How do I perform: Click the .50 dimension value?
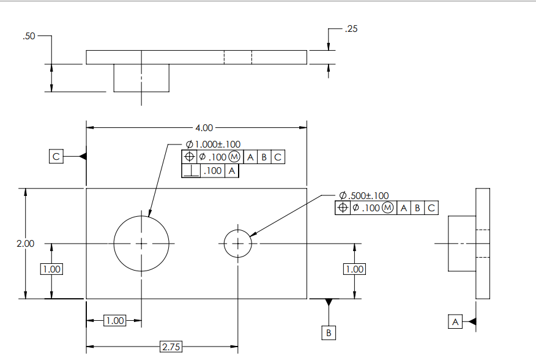[29, 37]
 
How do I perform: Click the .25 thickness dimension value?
[351, 29]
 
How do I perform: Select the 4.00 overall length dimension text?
[204, 128]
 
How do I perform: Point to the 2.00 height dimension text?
[25, 244]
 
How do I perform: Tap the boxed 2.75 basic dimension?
[171, 347]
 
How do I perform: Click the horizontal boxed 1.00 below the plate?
[114, 320]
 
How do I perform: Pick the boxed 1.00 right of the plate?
[354, 269]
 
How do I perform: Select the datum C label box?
[56, 157]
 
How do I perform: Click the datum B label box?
[329, 332]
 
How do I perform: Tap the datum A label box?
[455, 321]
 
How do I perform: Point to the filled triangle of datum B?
[329, 302]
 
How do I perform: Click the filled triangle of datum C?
[83, 157]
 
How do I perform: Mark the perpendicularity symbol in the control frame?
[191, 171]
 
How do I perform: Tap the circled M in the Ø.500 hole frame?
[388, 208]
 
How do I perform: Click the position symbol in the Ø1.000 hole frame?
[189, 157]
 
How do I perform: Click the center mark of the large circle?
[141, 244]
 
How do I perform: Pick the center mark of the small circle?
[238, 244]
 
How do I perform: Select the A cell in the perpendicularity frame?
[232, 171]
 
